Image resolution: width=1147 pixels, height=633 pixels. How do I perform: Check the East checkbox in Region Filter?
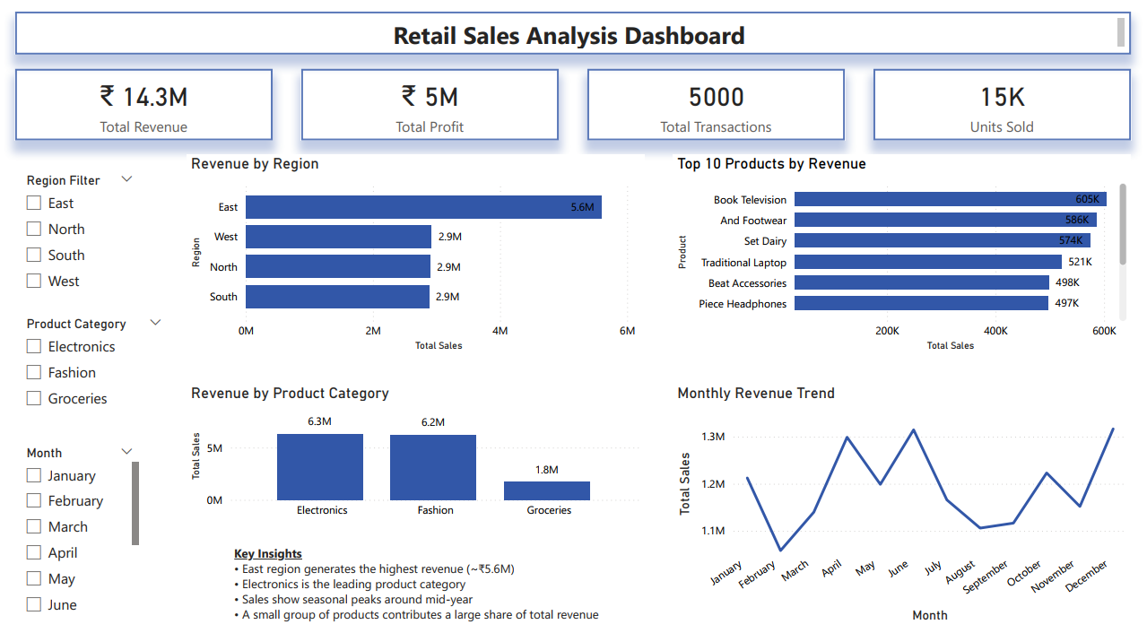[34, 204]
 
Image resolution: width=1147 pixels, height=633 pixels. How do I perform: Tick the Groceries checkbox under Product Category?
[34, 399]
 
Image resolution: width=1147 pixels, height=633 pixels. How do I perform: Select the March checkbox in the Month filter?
[34, 527]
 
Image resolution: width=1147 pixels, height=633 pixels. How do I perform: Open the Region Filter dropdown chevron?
[126, 179]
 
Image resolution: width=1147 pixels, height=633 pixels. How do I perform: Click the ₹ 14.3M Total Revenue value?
[143, 97]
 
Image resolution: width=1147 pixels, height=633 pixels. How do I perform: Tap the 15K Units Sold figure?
[1002, 97]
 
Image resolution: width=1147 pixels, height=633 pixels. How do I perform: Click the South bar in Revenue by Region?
[337, 297]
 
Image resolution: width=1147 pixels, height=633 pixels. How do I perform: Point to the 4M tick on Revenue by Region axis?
[500, 331]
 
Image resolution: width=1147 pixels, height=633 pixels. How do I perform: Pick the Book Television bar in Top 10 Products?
[950, 200]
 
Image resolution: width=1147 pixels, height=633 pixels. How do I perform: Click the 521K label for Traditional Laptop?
[1080, 263]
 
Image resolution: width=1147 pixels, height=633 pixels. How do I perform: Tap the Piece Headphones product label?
[743, 304]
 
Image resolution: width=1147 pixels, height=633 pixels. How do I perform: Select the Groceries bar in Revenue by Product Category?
[547, 490]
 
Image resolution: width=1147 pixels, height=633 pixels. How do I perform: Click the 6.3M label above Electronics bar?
[320, 421]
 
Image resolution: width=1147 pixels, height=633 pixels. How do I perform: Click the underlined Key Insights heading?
[267, 554]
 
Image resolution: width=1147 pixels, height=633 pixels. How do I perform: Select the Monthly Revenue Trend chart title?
[756, 394]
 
